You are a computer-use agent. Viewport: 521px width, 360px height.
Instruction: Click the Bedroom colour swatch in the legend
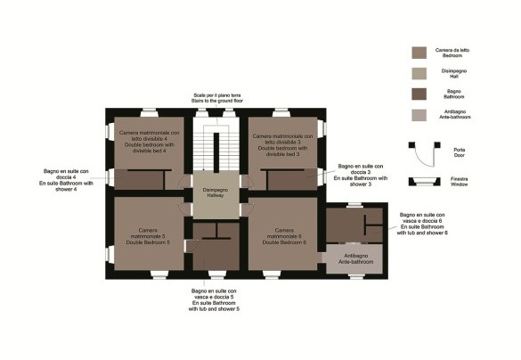pos(419,53)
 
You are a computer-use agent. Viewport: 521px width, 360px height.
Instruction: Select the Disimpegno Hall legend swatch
pos(419,73)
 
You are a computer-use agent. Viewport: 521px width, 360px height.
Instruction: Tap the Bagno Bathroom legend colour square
pos(419,94)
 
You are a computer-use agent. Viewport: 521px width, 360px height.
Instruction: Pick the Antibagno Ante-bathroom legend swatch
pos(419,115)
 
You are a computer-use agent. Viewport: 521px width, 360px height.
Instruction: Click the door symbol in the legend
pos(424,154)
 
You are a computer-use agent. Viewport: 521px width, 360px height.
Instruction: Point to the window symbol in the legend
pos(424,182)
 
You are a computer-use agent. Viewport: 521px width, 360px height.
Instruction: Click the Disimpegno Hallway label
pos(216,192)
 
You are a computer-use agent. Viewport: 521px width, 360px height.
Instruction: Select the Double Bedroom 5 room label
pos(148,236)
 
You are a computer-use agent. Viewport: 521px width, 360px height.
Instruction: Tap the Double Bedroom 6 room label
pos(284,236)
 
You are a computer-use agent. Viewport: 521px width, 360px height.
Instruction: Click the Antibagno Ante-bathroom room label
pos(356,259)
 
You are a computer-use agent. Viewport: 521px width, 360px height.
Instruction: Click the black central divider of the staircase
pos(216,152)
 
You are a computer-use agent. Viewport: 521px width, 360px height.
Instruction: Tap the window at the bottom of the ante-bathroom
pos(356,276)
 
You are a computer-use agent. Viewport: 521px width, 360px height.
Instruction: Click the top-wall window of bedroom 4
pos(150,113)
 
